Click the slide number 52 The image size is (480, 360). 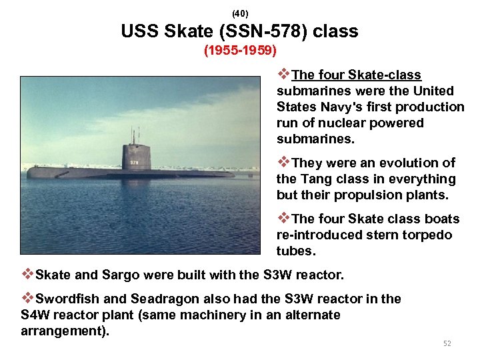[x=447, y=343]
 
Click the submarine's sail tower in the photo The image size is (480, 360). [x=135, y=156]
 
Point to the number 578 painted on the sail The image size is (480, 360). [x=135, y=161]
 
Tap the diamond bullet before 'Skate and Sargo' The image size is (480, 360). [x=27, y=274]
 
